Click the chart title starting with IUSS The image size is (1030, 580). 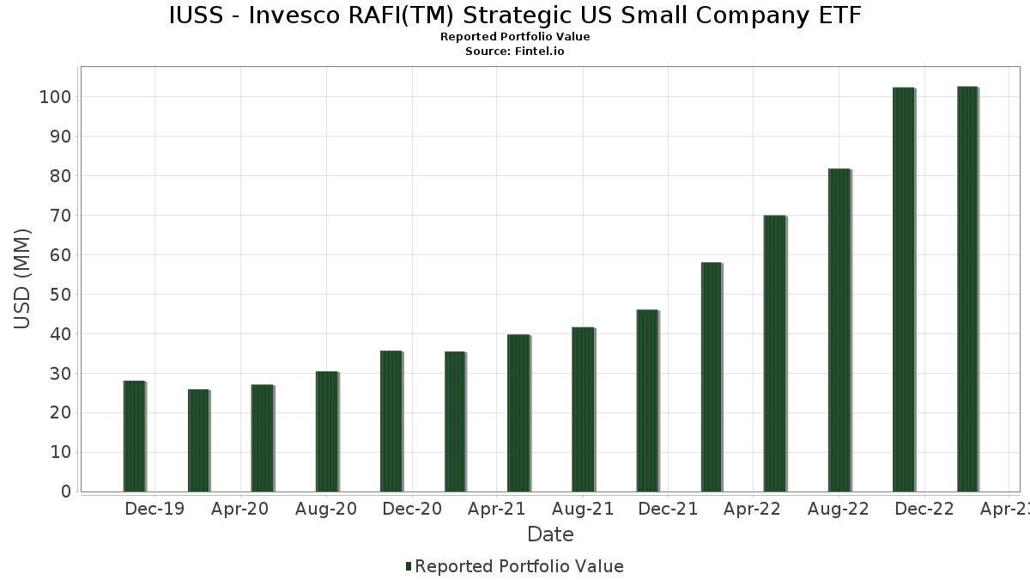[515, 15]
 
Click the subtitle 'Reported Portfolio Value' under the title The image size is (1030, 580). [515, 37]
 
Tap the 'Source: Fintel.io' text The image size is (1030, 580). [515, 51]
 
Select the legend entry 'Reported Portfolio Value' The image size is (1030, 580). [518, 566]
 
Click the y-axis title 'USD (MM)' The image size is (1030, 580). [22, 278]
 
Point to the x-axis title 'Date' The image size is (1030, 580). [550, 534]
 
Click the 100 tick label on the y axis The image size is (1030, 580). [54, 97]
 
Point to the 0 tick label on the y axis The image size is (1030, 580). [64, 492]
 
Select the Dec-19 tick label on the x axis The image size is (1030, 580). [154, 510]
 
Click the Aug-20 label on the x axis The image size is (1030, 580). [326, 510]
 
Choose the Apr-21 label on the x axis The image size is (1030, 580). [496, 510]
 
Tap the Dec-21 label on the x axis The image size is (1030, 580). [668, 510]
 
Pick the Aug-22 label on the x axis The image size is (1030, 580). [839, 510]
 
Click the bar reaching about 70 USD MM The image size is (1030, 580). [774, 353]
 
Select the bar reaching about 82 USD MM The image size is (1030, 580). [839, 330]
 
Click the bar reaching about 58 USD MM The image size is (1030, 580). [711, 377]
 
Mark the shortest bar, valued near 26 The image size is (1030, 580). [198, 441]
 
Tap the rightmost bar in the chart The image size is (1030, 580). [967, 289]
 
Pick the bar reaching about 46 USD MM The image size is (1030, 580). [646, 400]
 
